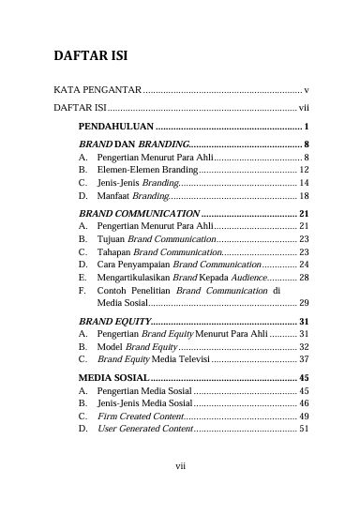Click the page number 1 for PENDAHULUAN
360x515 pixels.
pyautogui.click(x=307, y=125)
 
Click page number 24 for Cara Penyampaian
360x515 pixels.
pyautogui.click(x=304, y=266)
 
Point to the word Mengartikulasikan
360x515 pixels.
pyautogui.click(x=138, y=280)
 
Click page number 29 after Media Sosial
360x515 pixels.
pyautogui.click(x=304, y=303)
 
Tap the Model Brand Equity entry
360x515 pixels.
pyautogui.click(x=138, y=347)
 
